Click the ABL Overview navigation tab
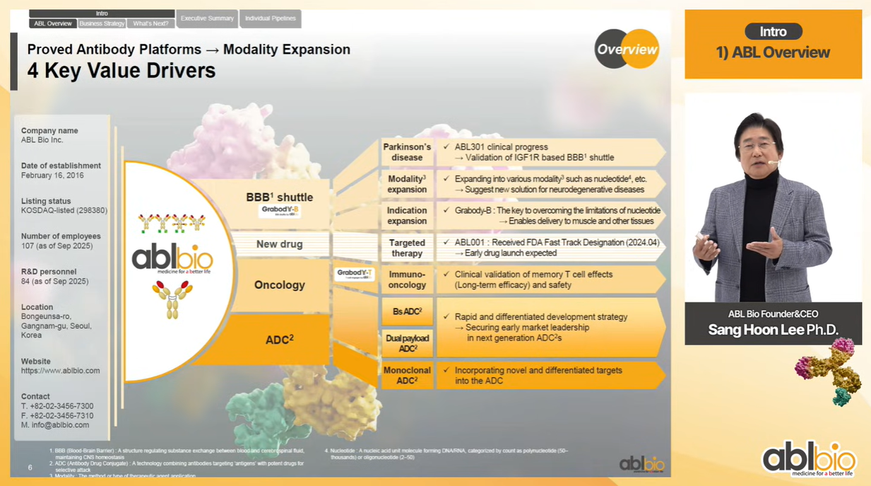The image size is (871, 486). pyautogui.click(x=53, y=23)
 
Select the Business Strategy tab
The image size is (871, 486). pyautogui.click(x=102, y=23)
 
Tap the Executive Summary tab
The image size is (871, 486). pyautogui.click(x=207, y=18)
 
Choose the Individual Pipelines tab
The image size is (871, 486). pyautogui.click(x=271, y=18)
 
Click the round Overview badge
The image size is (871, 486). pyautogui.click(x=627, y=49)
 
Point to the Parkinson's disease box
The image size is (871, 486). pyautogui.click(x=407, y=152)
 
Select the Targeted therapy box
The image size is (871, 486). pyautogui.click(x=407, y=248)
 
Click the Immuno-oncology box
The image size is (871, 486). pyautogui.click(x=407, y=279)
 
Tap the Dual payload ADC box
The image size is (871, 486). pyautogui.click(x=407, y=343)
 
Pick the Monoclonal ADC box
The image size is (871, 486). pyautogui.click(x=407, y=375)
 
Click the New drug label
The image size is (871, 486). pyautogui.click(x=280, y=244)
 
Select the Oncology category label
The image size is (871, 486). pyautogui.click(x=280, y=285)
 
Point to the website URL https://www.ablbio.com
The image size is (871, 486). pyautogui.click(x=60, y=371)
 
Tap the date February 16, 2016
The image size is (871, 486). pyautogui.click(x=52, y=175)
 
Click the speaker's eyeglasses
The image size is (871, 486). pyautogui.click(x=757, y=146)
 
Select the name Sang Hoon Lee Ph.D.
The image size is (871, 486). pyautogui.click(x=773, y=330)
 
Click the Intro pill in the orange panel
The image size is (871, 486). pyautogui.click(x=773, y=32)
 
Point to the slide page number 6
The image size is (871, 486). pyautogui.click(x=30, y=468)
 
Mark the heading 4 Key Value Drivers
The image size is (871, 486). pyautogui.click(x=122, y=71)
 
